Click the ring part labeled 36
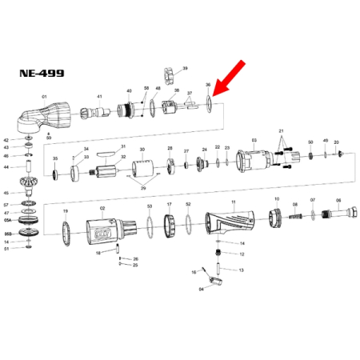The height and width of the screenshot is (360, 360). tap(209, 102)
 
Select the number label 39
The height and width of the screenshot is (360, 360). tap(185, 69)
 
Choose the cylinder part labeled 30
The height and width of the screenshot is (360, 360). tap(143, 167)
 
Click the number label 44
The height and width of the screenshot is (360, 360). tap(6, 167)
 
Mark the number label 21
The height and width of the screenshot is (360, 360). tap(282, 130)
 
